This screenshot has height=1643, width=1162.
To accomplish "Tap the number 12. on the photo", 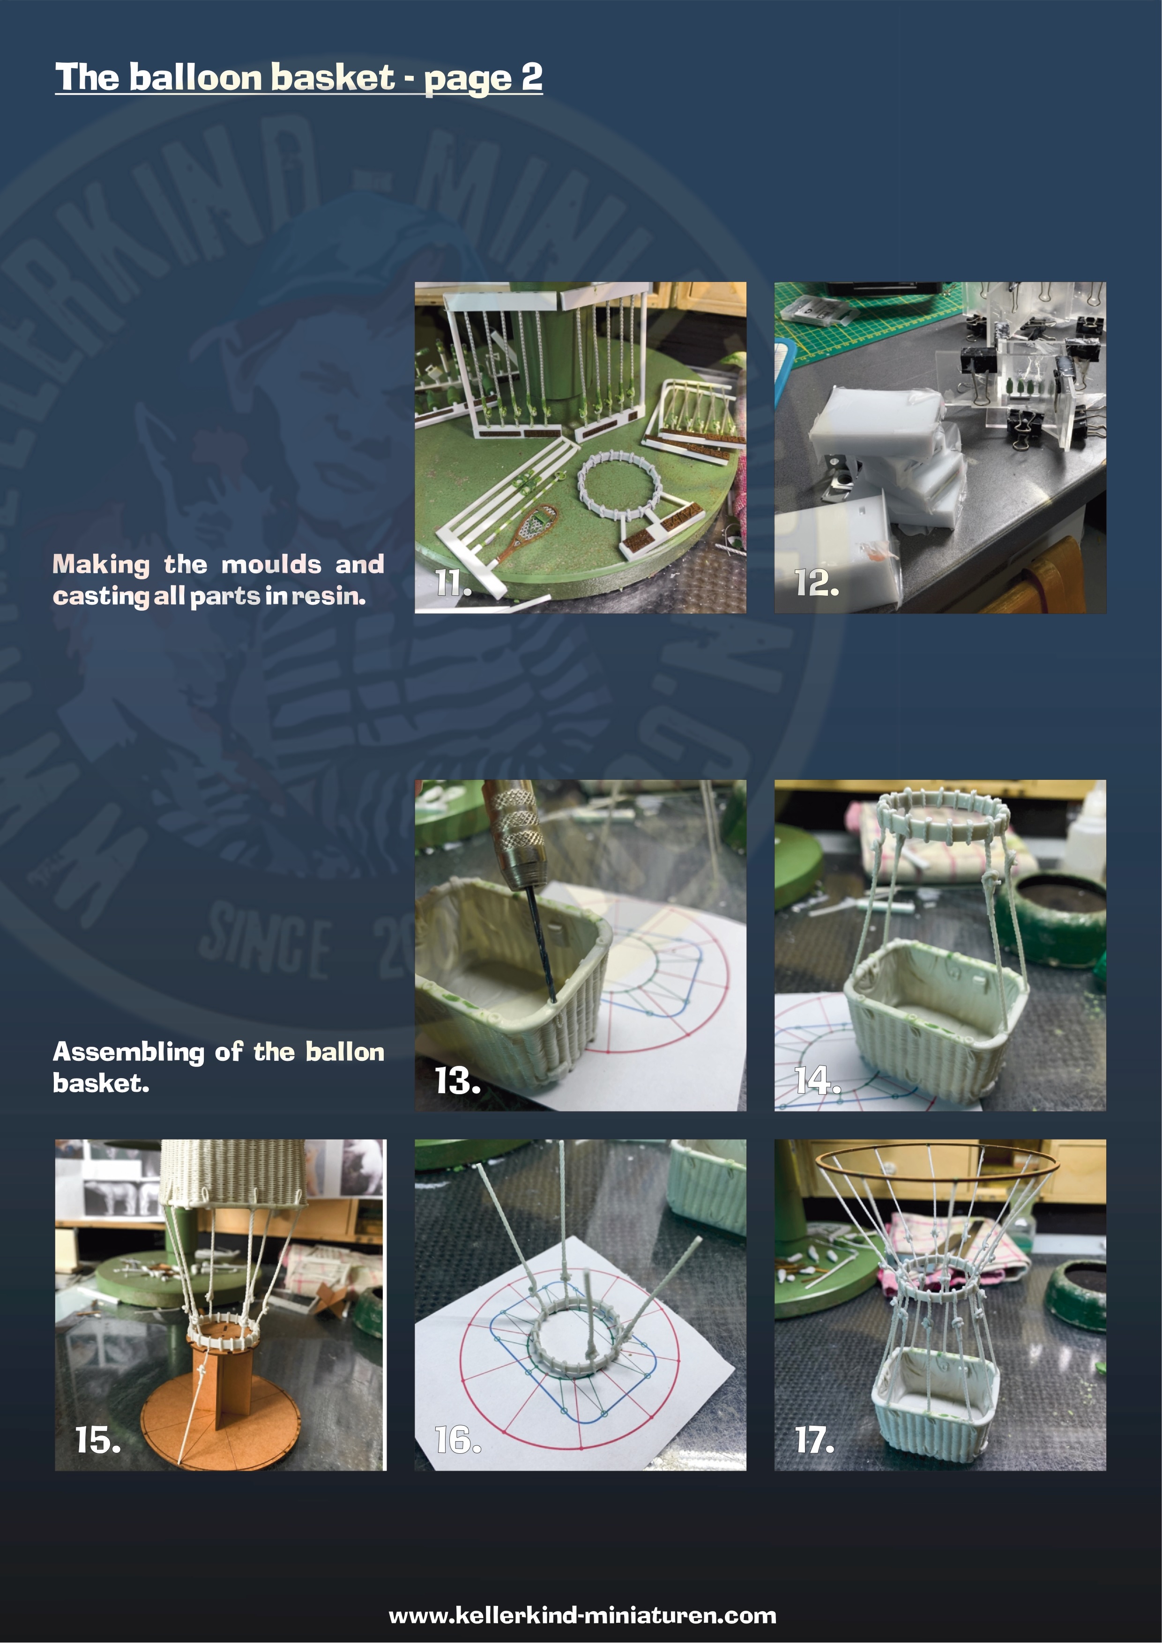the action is (x=817, y=583).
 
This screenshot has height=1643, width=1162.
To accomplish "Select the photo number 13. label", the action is (x=457, y=1081).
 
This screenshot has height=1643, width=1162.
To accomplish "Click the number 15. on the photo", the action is (x=98, y=1440).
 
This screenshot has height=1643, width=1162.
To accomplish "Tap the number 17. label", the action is (x=815, y=1440).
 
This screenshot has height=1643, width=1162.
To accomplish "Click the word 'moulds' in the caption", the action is (x=271, y=564).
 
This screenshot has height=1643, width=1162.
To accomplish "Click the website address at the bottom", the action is (x=582, y=1615).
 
